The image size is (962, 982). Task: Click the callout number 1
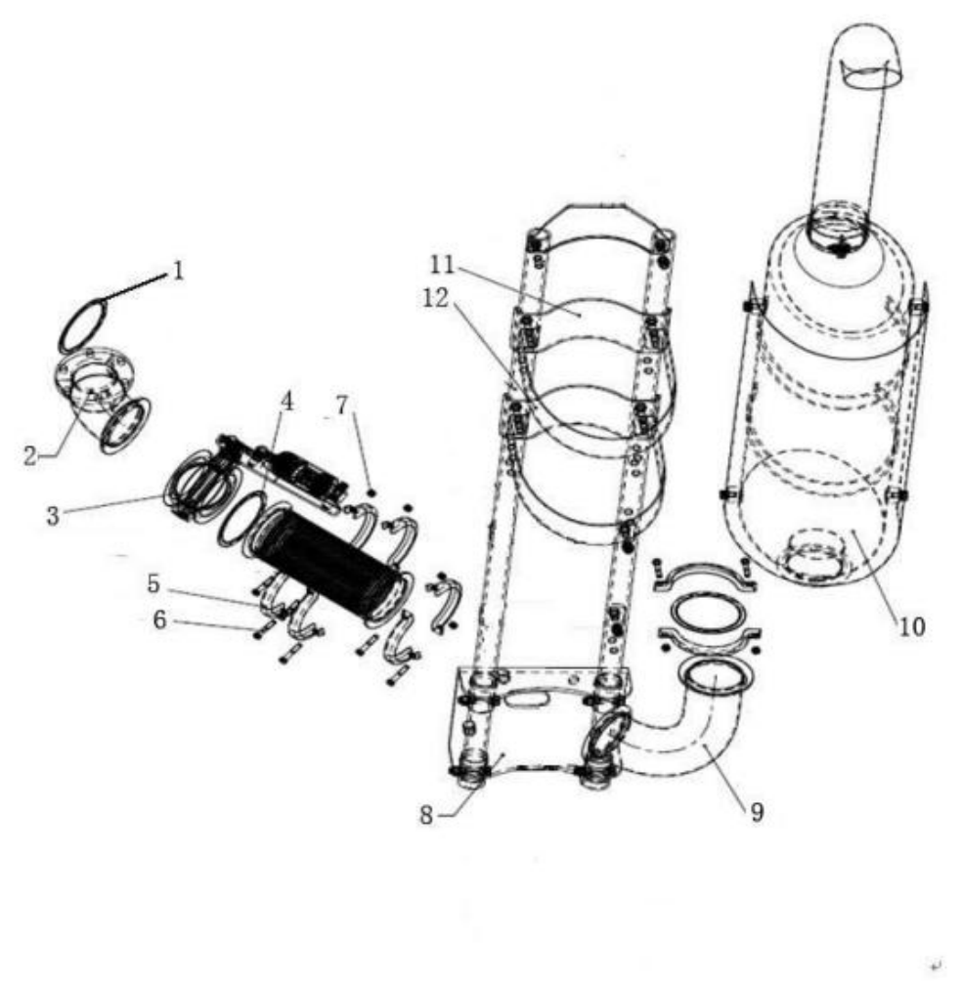(x=179, y=272)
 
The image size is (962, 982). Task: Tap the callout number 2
(x=30, y=455)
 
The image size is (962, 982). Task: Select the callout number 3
(x=53, y=516)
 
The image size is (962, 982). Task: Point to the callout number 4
(x=287, y=402)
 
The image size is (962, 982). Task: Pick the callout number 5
(x=153, y=583)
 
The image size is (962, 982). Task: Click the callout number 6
(x=159, y=620)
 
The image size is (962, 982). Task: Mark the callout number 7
(x=341, y=406)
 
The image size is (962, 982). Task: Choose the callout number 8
(x=426, y=815)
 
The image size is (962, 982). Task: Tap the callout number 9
(x=757, y=812)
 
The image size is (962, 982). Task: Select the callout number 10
(x=912, y=626)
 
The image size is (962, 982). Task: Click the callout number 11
(x=442, y=264)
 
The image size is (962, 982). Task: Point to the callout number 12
(x=436, y=298)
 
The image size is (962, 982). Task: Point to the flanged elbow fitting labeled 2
(x=104, y=401)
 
